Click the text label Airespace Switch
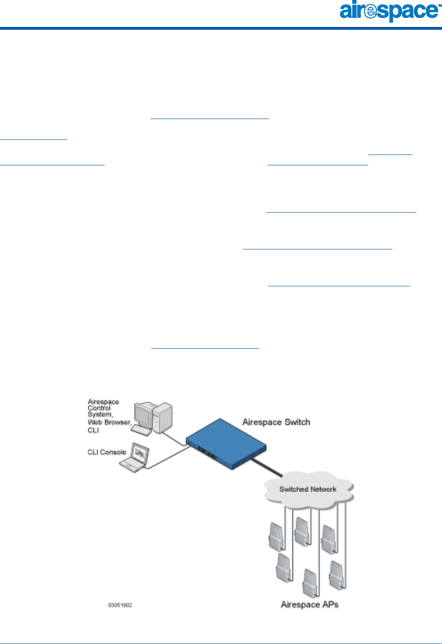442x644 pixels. point(276,422)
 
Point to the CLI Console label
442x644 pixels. point(107,452)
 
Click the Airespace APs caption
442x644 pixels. point(309,604)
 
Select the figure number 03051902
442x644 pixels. point(120,605)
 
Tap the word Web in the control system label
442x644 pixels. point(94,422)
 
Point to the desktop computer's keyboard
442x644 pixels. point(141,430)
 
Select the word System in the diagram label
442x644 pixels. point(99,414)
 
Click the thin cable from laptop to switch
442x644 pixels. point(168,458)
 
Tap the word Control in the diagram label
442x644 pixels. point(99,408)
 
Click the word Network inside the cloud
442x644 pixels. point(323,489)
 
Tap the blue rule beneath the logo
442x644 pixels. point(221,28)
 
